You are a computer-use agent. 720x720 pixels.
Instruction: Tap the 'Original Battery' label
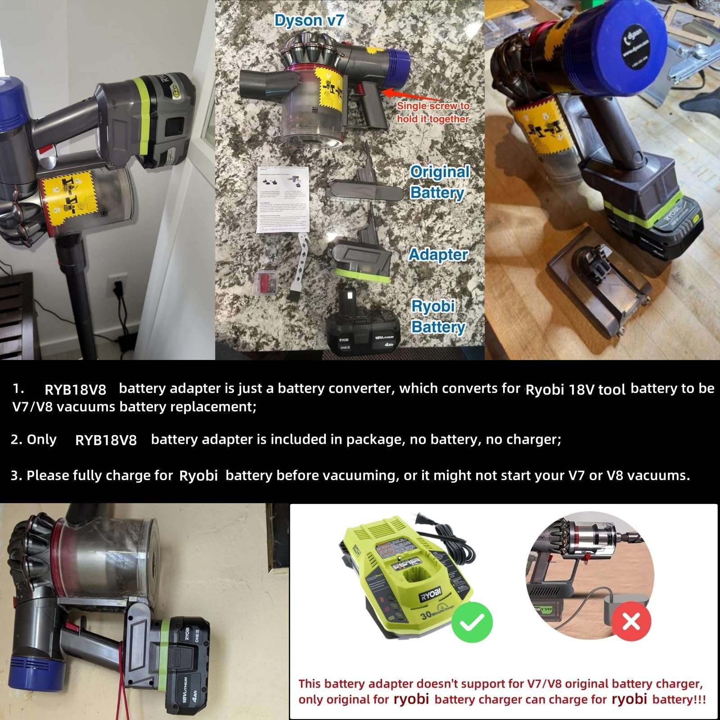439,182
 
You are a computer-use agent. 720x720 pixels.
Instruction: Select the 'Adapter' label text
438,255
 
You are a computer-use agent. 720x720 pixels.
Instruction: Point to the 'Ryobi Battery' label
437,316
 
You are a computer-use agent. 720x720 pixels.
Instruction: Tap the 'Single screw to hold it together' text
432,112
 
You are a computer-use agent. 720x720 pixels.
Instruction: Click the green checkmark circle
472,621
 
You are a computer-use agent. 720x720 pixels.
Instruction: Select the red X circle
631,621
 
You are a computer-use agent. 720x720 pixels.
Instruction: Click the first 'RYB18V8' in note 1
75,389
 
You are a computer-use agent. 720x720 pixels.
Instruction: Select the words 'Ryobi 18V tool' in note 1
575,389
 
